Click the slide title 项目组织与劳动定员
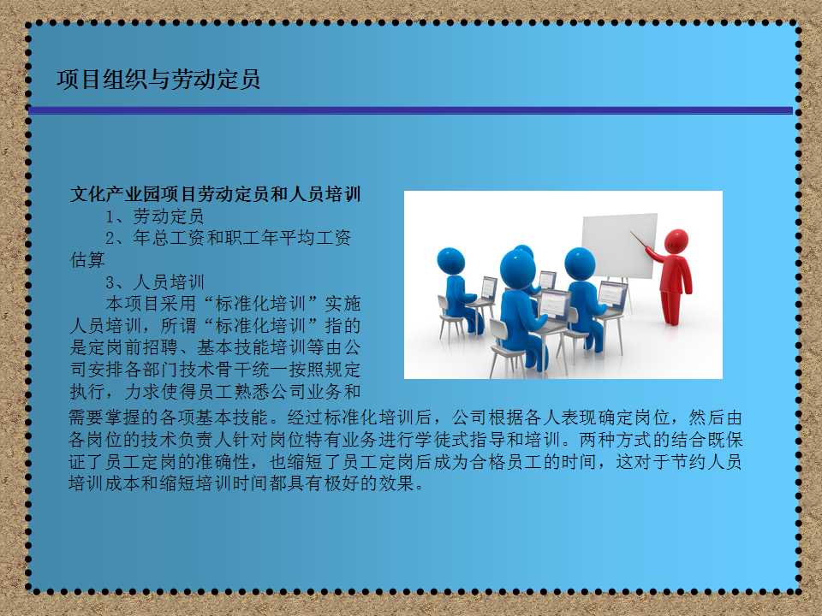[158, 80]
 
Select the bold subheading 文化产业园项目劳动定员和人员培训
[216, 194]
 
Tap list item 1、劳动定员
[155, 216]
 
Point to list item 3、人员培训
[155, 282]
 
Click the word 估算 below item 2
[87, 260]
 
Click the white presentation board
[619, 246]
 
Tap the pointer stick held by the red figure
[640, 240]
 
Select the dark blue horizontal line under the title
[410, 110]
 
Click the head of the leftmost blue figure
[451, 260]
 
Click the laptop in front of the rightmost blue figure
[611, 295]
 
